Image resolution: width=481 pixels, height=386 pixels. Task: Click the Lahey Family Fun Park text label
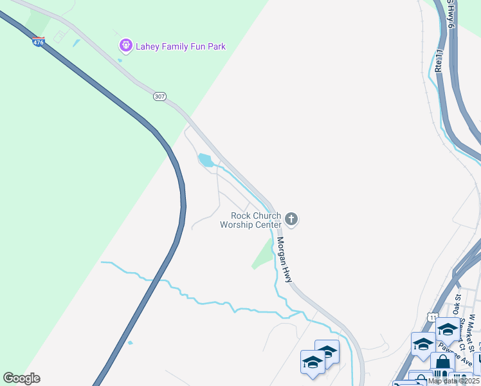tap(181, 46)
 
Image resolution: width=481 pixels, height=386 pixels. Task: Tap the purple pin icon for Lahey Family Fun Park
tap(125, 46)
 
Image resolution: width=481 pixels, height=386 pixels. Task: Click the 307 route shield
tap(160, 96)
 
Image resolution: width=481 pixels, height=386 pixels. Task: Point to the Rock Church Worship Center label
tap(251, 220)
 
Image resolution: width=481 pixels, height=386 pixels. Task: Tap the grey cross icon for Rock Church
tap(291, 220)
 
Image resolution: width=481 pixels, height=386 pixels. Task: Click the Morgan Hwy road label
tap(284, 260)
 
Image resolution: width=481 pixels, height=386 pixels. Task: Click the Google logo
tap(21, 378)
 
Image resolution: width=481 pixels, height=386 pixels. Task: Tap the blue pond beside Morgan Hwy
tap(206, 160)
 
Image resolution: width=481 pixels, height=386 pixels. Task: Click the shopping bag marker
tap(442, 363)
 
